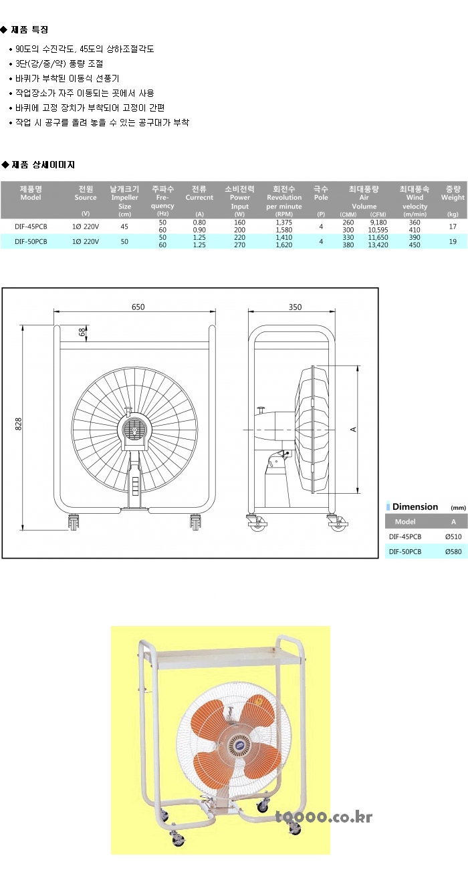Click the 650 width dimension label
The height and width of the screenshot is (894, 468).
[x=138, y=307]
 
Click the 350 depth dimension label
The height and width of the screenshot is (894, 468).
[x=295, y=307]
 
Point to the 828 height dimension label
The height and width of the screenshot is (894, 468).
[x=18, y=424]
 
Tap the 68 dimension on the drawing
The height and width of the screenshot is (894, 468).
[x=82, y=332]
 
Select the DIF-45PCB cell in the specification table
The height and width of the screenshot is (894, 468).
[x=31, y=227]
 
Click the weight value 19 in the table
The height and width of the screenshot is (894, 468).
[x=453, y=241]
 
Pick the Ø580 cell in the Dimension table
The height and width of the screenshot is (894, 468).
[x=453, y=551]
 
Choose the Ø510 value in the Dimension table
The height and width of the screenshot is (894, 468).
[x=453, y=537]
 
